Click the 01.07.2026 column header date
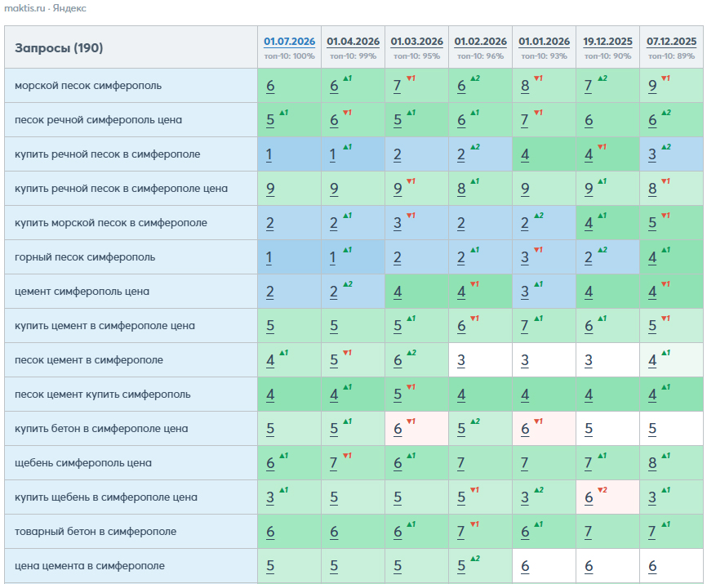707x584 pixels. click(x=290, y=42)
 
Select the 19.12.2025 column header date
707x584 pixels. click(x=607, y=42)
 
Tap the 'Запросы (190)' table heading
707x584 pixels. click(x=59, y=48)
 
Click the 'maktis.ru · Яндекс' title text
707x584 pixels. click(x=45, y=8)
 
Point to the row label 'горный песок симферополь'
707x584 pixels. click(x=85, y=257)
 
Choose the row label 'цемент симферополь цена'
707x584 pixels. click(x=82, y=292)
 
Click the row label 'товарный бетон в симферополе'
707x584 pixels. click(x=96, y=531)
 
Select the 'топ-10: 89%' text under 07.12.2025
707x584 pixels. click(x=671, y=56)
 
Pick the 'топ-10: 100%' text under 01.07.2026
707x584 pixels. click(x=290, y=56)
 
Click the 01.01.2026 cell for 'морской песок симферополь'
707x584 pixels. click(x=544, y=86)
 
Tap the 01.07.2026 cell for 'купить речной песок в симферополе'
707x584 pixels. click(x=290, y=154)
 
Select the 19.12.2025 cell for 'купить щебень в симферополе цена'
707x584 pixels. click(x=607, y=497)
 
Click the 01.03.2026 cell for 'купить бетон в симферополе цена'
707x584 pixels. click(x=416, y=429)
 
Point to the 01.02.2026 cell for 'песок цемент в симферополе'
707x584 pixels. click(x=480, y=360)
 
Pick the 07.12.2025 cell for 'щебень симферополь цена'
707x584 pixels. click(x=671, y=462)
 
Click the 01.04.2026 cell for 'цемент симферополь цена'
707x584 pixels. click(x=353, y=292)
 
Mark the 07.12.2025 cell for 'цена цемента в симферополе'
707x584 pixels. click(x=671, y=565)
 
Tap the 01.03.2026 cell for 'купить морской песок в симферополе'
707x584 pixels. click(x=416, y=223)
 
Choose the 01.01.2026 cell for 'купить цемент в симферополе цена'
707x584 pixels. click(x=544, y=326)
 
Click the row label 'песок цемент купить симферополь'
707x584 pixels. click(x=103, y=395)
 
